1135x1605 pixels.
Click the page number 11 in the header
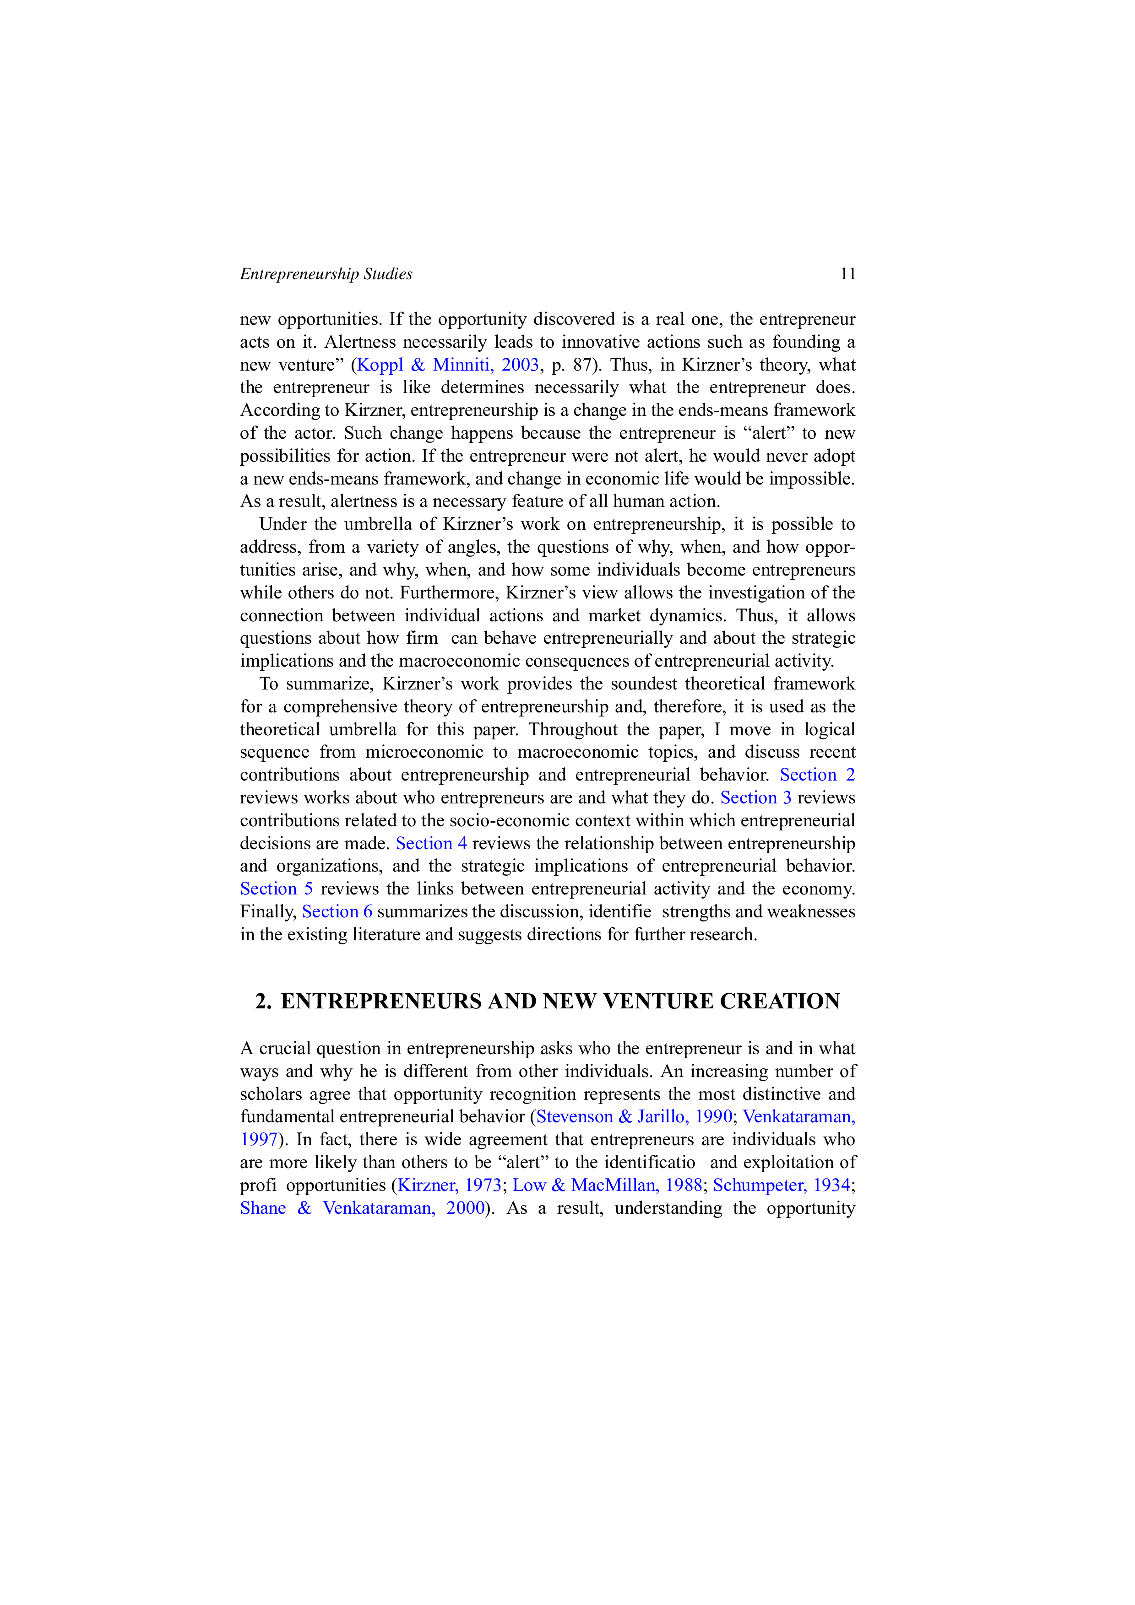coord(847,274)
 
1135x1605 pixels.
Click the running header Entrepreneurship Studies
coord(326,274)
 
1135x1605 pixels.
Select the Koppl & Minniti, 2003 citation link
coord(448,365)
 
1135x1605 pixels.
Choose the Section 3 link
coord(756,797)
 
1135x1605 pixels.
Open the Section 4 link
coord(431,843)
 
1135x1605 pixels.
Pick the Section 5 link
coord(276,889)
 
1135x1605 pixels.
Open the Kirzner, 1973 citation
coord(450,1185)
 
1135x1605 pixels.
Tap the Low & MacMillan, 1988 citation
coord(608,1185)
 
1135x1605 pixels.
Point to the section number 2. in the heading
coord(263,1001)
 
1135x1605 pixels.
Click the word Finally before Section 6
coord(269,912)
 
